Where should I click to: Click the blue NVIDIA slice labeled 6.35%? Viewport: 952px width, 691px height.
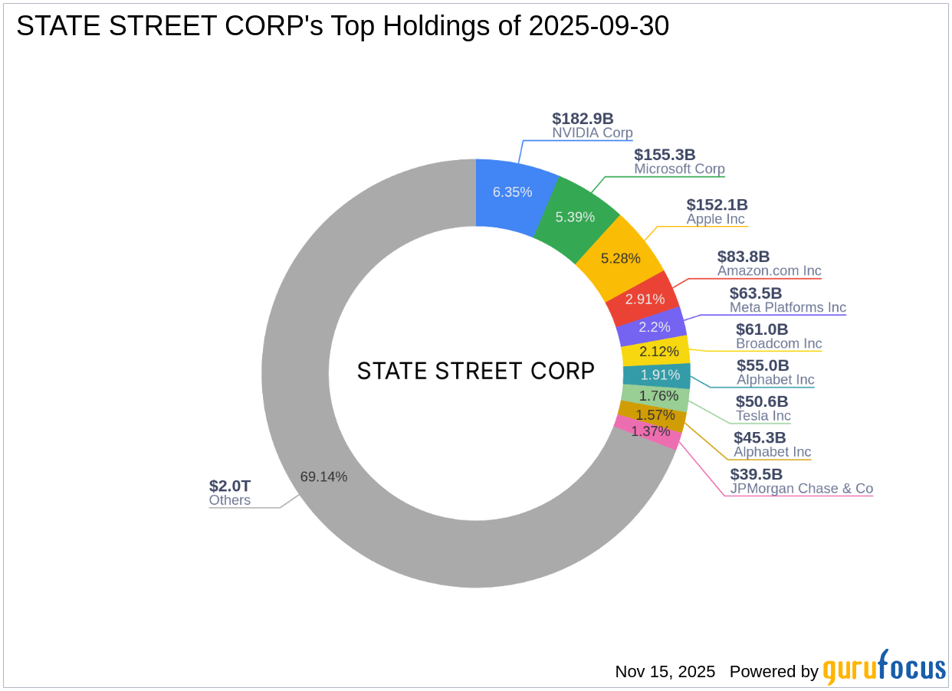pyautogui.click(x=512, y=192)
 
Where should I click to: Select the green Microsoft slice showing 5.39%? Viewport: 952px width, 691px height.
pyautogui.click(x=575, y=217)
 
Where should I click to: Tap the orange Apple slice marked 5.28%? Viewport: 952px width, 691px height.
pyautogui.click(x=620, y=258)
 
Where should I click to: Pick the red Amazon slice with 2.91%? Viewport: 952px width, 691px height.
pyautogui.click(x=644, y=299)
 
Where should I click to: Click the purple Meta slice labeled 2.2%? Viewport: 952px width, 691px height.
pyautogui.click(x=654, y=327)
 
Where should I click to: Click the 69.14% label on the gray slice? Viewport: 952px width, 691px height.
pyautogui.click(x=323, y=476)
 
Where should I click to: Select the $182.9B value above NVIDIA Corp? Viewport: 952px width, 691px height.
pyautogui.click(x=583, y=119)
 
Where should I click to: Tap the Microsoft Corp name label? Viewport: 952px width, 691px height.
pyautogui.click(x=679, y=169)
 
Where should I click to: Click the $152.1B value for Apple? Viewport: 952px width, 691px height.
pyautogui.click(x=717, y=205)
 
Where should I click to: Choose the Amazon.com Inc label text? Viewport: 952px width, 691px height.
pyautogui.click(x=769, y=271)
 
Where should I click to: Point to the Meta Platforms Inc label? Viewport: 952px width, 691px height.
pyautogui.click(x=787, y=308)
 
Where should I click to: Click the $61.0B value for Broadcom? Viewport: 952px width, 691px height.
pyautogui.click(x=762, y=329)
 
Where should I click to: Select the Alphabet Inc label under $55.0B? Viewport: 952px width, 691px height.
pyautogui.click(x=775, y=380)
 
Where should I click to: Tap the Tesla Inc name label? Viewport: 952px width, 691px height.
pyautogui.click(x=763, y=416)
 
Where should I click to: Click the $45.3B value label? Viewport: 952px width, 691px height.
pyautogui.click(x=760, y=437)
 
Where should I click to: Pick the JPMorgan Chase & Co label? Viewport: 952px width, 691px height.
pyautogui.click(x=801, y=489)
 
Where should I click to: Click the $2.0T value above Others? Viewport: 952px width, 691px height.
pyautogui.click(x=230, y=486)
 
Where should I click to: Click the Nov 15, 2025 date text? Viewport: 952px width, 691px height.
pyautogui.click(x=665, y=672)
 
